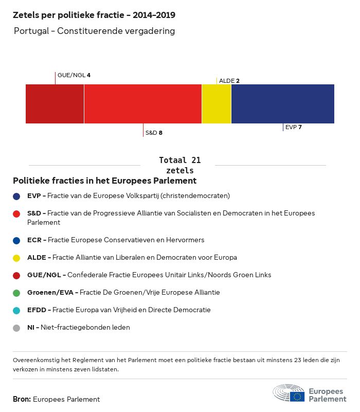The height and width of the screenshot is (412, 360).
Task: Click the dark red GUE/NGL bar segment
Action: click(55, 104)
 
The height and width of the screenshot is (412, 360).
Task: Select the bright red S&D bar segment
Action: click(142, 104)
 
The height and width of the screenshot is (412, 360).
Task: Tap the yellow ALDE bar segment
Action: click(217, 104)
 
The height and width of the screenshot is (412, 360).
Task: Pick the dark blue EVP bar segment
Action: click(282, 104)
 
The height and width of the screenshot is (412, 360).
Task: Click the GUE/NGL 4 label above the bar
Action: click(74, 75)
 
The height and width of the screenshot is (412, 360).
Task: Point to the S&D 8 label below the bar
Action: click(154, 133)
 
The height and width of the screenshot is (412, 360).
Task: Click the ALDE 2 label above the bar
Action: click(229, 81)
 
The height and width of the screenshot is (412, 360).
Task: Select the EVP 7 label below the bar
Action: click(293, 127)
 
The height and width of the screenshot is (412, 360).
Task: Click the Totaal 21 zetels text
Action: click(180, 165)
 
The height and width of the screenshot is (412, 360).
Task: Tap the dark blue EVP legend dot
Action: click(17, 196)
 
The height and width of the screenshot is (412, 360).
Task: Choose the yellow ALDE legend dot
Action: click(17, 258)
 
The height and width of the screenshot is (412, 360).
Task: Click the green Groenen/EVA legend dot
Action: click(17, 293)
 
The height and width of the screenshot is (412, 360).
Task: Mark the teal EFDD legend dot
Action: click(17, 310)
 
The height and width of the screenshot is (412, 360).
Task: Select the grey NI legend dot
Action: click(17, 328)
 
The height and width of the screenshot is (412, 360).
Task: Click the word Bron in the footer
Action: click(22, 399)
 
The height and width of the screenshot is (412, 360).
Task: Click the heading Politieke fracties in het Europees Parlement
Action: click(104, 181)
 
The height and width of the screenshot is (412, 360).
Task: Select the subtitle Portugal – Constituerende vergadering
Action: click(95, 31)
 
